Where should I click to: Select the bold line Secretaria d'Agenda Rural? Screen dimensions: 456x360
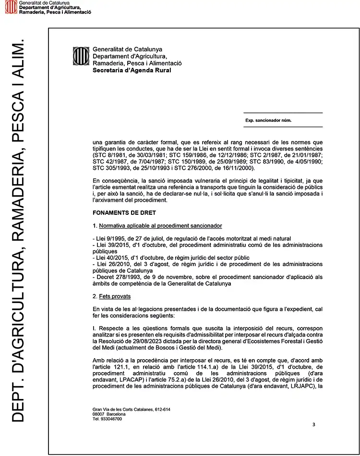pyautogui.click(x=132, y=70)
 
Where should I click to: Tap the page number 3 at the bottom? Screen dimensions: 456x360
pyautogui.click(x=313, y=424)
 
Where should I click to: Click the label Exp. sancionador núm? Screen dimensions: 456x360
pyautogui.click(x=268, y=120)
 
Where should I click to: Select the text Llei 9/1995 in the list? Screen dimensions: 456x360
pyautogui.click(x=109, y=238)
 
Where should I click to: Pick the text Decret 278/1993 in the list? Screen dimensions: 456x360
pyautogui.click(x=116, y=277)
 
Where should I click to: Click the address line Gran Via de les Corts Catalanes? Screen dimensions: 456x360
pyautogui.click(x=132, y=409)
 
